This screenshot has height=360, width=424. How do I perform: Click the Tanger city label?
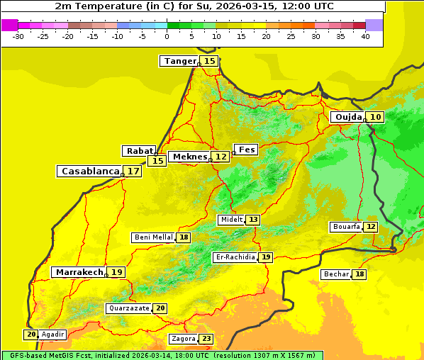pyautogui.click(x=179, y=61)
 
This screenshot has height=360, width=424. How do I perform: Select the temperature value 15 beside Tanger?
pyautogui.click(x=210, y=61)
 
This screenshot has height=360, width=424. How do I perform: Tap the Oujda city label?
pyautogui.click(x=348, y=117)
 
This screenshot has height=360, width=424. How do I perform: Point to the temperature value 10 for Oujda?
pyautogui.click(x=375, y=117)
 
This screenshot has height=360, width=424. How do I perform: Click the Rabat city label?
pyautogui.click(x=139, y=151)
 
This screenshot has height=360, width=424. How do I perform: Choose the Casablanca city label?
pyautogui.click(x=89, y=171)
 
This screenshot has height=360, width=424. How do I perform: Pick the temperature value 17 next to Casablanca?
pyautogui.click(x=133, y=171)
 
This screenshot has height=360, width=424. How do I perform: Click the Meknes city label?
pyautogui.click(x=190, y=157)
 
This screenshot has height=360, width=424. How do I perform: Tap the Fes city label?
pyautogui.click(x=247, y=150)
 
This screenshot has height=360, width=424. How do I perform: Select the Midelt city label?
pyautogui.click(x=231, y=220)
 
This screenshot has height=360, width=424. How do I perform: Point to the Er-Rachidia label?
pyautogui.click(x=235, y=257)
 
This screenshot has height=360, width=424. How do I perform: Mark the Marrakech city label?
pyautogui.click(x=79, y=272)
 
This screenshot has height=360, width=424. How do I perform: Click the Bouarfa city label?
pyautogui.click(x=346, y=227)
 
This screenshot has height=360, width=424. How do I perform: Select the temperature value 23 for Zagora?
pyautogui.click(x=206, y=339)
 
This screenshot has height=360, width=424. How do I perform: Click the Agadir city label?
pyautogui.click(x=52, y=334)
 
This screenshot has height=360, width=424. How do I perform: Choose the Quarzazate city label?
pyautogui.click(x=129, y=308)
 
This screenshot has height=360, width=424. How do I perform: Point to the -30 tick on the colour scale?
pyautogui.click(x=18, y=36)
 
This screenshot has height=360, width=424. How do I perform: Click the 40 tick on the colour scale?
pyautogui.click(x=365, y=36)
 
